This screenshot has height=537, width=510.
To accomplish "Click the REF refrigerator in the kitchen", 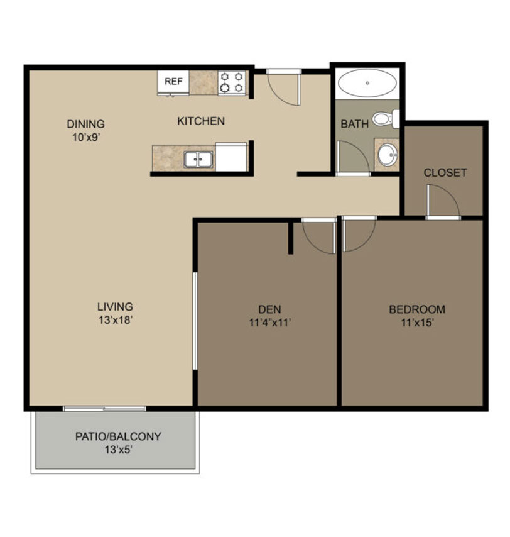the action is point(173,82).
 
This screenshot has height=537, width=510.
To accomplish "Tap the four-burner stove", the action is point(232,82).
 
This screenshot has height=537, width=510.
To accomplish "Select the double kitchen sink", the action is point(198,159).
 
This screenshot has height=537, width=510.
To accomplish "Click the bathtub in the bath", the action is point(367,83).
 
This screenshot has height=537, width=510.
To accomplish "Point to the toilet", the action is point(386,119).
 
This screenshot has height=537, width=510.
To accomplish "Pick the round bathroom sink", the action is point(388,155).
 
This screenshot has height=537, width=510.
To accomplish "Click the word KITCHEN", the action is point(201,121).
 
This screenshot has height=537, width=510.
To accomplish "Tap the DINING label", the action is point(85,124).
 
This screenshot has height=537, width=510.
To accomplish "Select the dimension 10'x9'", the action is point(86,137).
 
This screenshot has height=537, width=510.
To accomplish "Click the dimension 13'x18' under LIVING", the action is point(116,320).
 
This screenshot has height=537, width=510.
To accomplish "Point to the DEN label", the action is point(269,309).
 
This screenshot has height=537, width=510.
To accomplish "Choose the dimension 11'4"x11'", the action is point(270,323).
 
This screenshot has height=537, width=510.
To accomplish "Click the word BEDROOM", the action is point(417,309).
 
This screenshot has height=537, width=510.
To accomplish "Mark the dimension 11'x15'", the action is point(417,323).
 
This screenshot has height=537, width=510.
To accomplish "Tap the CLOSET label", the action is point(445,172).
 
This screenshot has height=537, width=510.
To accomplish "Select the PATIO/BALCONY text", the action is point(118,436).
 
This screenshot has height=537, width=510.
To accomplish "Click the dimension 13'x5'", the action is point(118,450).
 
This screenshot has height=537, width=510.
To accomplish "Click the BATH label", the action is point(354,124).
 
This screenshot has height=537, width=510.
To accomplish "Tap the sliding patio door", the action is point(105,409).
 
